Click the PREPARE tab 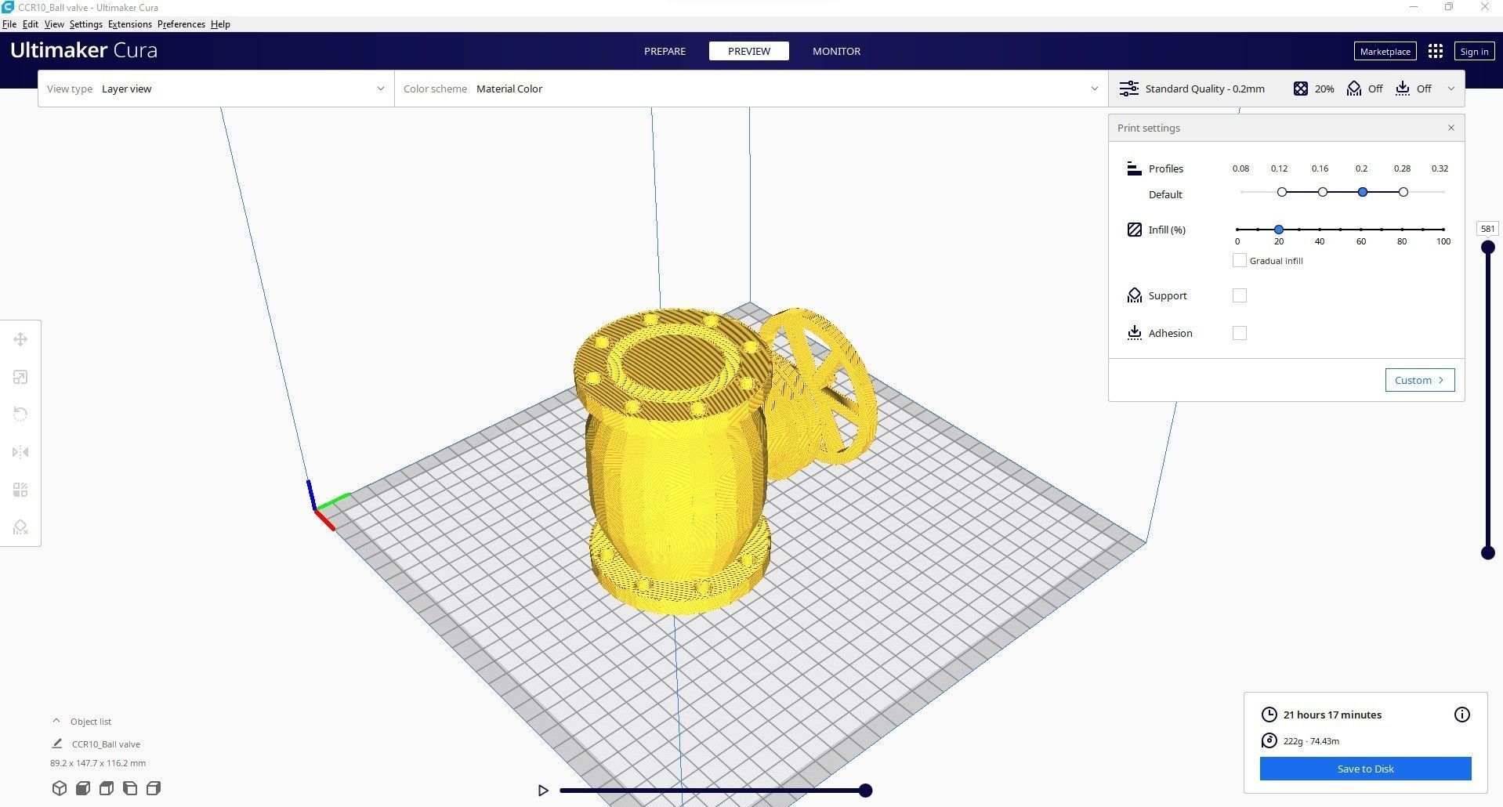665,51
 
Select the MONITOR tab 836,51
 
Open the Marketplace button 1385,52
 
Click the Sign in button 1474,52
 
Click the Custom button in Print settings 1419,380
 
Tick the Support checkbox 1239,295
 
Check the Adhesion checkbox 1239,333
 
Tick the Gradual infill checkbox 1239,260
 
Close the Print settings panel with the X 1450,128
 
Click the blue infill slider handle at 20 1279,230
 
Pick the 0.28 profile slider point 1403,192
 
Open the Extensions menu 129,24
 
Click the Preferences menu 181,24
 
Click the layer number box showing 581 1487,229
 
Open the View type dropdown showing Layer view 215,89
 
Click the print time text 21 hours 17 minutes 1332,715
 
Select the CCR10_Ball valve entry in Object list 106,744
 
